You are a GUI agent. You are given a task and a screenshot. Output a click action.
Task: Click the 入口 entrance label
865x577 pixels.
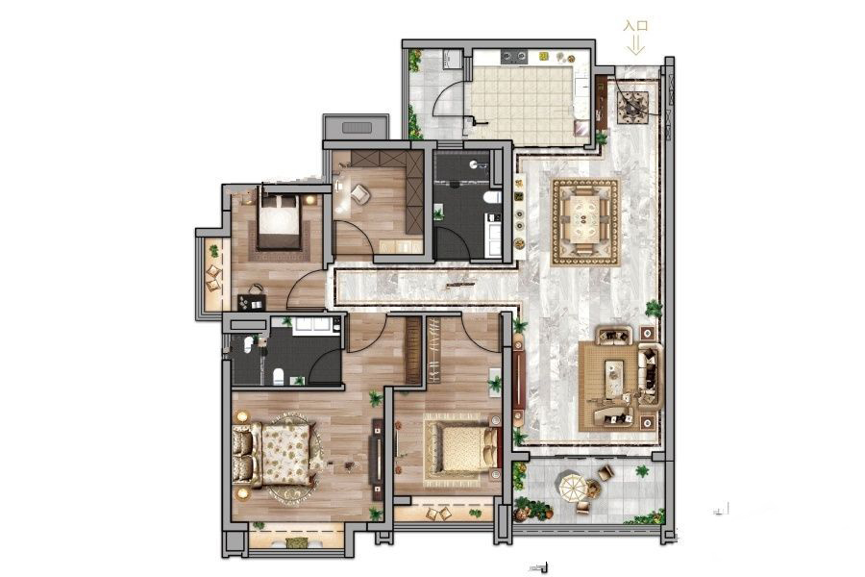pos(635,26)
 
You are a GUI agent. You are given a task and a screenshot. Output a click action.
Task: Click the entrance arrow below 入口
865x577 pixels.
pos(635,45)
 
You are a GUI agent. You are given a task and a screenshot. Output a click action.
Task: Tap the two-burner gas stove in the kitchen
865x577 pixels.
pos(514,56)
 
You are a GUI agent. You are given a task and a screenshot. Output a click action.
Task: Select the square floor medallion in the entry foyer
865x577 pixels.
pos(632,106)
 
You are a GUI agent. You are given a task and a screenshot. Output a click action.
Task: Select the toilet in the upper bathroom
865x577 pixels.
pos(491,197)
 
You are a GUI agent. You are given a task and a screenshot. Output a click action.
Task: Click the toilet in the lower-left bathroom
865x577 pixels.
pos(279,377)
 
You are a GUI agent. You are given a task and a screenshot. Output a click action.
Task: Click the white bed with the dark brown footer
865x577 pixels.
pos(280,221)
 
